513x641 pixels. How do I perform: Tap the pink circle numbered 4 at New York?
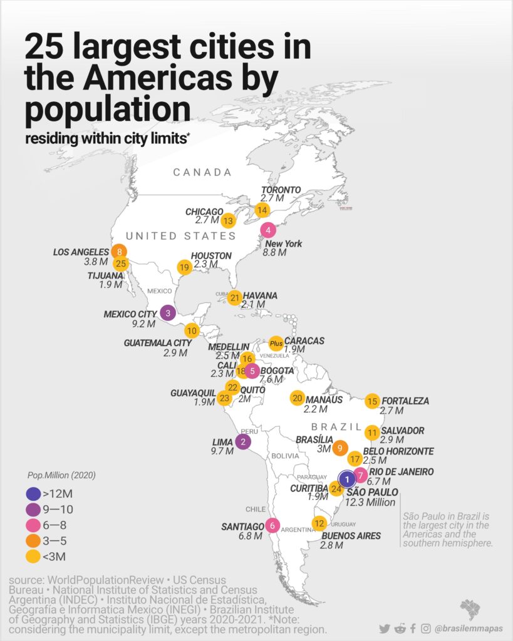click(268, 230)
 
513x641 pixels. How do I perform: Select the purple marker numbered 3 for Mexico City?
click(167, 312)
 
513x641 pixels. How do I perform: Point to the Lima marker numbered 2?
click(242, 442)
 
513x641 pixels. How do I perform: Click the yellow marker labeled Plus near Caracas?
click(276, 343)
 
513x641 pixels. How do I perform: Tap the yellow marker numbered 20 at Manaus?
click(298, 398)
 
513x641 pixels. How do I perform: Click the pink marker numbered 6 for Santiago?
click(272, 525)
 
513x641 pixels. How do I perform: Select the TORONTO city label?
click(281, 190)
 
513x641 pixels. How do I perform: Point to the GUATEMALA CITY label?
click(157, 343)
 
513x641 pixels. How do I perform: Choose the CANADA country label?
click(202, 172)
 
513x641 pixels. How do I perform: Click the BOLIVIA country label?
click(286, 456)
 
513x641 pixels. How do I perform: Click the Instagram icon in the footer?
click(426, 628)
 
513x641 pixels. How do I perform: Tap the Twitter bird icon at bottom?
click(384, 628)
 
